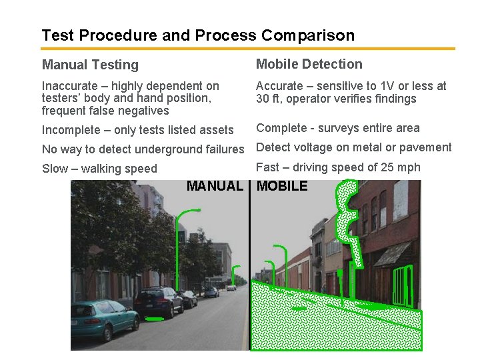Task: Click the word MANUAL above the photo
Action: coord(215,186)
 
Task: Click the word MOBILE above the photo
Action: coord(282,186)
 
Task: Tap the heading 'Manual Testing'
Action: coord(90,65)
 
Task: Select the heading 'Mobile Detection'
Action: coord(309,64)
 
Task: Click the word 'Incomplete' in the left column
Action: coord(73,130)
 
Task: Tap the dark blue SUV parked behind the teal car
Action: coord(158,301)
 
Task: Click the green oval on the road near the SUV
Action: coord(155,319)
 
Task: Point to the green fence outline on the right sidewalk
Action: coord(401,285)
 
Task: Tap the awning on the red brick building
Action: coord(393,253)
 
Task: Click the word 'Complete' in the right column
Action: coord(282,128)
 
